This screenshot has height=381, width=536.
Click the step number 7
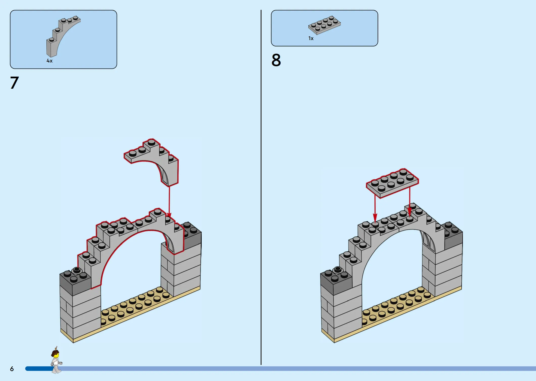tap(14, 83)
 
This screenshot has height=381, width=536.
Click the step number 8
tap(276, 60)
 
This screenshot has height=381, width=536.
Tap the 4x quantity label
tap(49, 61)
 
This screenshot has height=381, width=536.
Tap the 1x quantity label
tap(311, 38)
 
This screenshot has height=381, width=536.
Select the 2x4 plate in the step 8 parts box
tap(324, 25)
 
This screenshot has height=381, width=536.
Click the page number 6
tap(12, 369)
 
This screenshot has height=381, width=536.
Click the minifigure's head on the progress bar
tap(56, 355)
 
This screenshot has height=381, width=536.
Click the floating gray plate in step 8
tap(392, 183)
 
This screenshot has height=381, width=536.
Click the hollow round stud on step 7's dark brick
tap(77, 270)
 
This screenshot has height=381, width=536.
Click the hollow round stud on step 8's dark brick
tap(338, 269)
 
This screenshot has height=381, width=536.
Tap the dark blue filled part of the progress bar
tap(38, 369)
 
